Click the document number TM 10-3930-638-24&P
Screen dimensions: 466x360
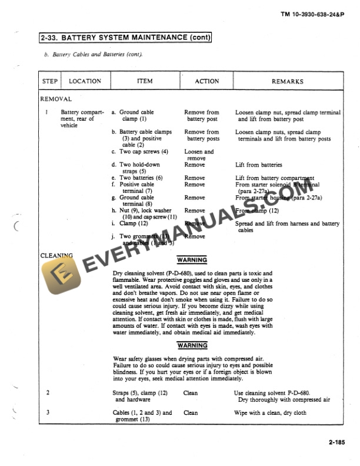(x=318, y=13)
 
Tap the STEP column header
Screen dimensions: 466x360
(x=49, y=81)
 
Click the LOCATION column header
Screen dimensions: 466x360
(x=85, y=81)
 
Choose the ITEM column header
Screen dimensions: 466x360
(x=145, y=81)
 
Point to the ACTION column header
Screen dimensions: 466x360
(x=206, y=81)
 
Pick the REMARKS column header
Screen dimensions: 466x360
(x=287, y=81)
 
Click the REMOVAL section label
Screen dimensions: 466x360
(x=55, y=99)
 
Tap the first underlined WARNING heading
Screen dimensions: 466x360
(x=192, y=260)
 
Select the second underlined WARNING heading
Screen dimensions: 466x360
(x=192, y=345)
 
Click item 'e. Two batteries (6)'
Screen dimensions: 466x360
(x=141, y=178)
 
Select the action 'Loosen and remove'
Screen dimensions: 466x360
(x=199, y=155)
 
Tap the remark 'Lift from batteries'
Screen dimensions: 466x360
(x=259, y=165)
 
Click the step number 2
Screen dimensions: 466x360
(x=47, y=392)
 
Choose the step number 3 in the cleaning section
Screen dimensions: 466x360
(x=47, y=412)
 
